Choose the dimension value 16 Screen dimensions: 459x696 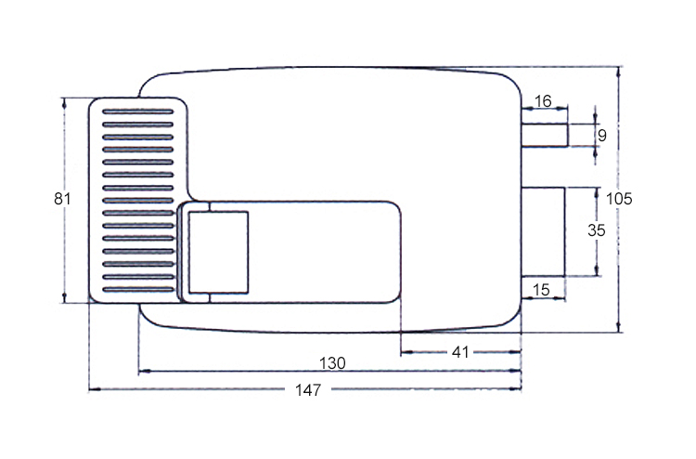tap(543, 100)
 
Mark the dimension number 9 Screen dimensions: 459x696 tap(601, 136)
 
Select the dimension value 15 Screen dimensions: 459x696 tap(543, 291)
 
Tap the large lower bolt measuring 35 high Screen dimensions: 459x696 tap(543, 230)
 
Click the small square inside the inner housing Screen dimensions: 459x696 tap(219, 249)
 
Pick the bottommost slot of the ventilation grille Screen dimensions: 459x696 tap(137, 292)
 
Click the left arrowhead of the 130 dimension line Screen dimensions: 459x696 tap(143, 371)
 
